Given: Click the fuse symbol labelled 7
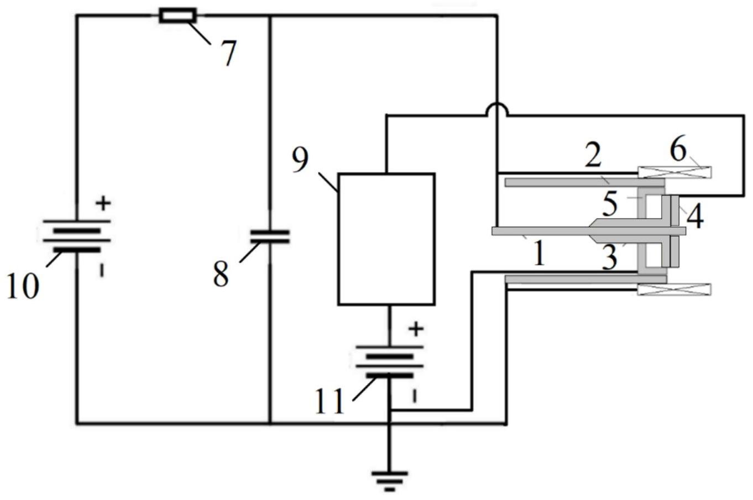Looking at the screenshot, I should tap(177, 15).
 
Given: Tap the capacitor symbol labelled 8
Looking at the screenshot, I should tap(270, 237).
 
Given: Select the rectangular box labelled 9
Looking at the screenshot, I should tap(386, 239).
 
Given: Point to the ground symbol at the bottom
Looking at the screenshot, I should tap(390, 479).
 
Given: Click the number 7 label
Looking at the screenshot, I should tap(228, 54).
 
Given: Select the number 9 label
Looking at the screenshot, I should tap(301, 160).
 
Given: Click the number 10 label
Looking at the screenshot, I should tap(23, 286).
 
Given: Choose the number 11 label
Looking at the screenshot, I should tap(330, 401).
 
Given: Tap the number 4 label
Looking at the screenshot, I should tap(694, 217).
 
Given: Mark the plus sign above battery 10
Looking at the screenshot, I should tap(103, 203).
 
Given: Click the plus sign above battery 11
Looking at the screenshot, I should tap(416, 329).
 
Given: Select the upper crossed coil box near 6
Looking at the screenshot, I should tap(674, 172).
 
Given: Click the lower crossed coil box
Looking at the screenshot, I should tap(674, 289).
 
